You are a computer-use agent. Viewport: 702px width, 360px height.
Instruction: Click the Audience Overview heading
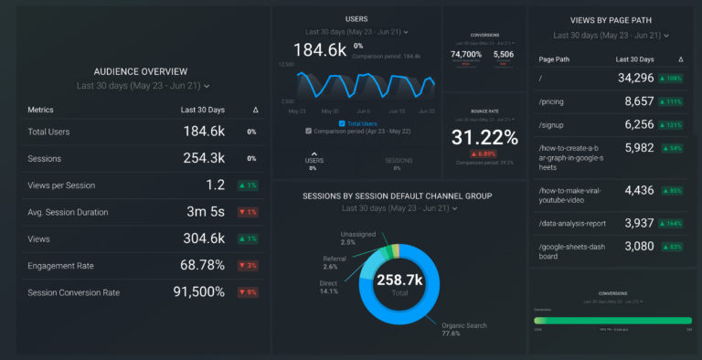point(140,71)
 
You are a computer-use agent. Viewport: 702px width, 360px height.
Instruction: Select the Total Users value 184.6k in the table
point(204,132)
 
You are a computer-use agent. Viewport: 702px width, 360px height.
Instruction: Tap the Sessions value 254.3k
point(204,158)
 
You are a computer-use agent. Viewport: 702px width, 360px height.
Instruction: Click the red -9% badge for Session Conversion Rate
point(248,292)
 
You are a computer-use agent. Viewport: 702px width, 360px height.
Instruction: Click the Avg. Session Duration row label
point(68,212)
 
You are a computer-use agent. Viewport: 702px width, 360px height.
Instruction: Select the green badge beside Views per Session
point(248,185)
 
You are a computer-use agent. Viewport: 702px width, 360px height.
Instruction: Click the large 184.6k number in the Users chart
point(319,49)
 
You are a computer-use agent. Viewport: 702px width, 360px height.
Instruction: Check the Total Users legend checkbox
point(342,122)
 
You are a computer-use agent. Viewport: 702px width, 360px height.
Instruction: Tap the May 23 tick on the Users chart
point(297,111)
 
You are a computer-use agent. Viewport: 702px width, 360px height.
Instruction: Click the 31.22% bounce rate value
point(484,136)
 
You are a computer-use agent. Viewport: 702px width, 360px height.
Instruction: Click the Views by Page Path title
point(612,19)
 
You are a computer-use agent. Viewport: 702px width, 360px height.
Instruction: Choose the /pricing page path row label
point(551,101)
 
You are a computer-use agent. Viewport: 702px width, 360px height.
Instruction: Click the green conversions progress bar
point(612,321)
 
